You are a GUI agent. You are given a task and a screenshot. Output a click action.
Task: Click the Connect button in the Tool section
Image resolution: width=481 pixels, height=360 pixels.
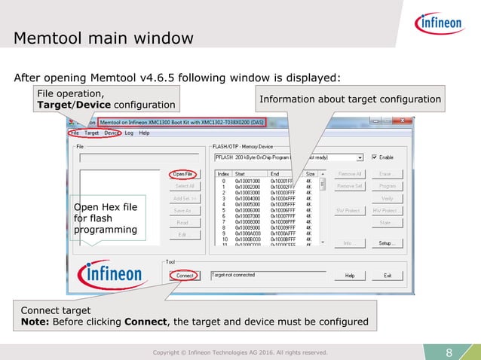[185, 276]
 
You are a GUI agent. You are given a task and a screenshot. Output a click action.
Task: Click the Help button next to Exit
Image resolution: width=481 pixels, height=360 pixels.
[350, 276]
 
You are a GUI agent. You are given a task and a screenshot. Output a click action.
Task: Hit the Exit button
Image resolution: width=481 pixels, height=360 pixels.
[387, 276]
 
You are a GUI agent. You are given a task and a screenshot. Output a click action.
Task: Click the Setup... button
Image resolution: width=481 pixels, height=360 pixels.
[387, 243]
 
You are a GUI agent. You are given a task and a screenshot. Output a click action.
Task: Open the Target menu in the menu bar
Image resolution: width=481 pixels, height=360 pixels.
[91, 133]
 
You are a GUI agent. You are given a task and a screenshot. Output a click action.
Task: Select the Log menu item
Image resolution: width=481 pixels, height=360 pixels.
[129, 133]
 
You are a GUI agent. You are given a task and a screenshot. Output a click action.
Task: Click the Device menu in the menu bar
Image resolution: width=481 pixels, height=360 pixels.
[111, 133]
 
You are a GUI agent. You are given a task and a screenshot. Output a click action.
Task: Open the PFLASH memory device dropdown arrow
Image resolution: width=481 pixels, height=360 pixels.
[360, 157]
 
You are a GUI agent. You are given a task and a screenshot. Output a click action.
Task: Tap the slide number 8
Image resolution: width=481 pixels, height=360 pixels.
[449, 352]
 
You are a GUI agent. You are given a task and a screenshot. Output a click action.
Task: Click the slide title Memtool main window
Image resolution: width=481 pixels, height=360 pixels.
[104, 38]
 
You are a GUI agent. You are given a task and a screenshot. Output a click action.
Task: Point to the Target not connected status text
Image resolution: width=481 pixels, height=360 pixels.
[234, 276]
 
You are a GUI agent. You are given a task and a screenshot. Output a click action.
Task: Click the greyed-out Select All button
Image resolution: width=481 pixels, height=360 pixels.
[185, 185]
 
